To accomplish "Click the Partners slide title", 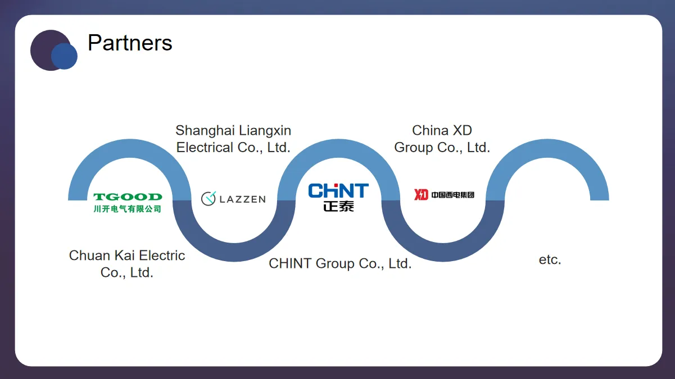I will (x=130, y=43).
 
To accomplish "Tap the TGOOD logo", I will (x=128, y=197).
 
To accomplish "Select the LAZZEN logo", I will (x=233, y=198).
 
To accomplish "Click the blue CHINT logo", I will (x=338, y=191).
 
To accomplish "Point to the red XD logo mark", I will (x=421, y=195).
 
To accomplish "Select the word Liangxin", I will (x=265, y=131).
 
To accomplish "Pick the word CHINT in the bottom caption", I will (x=291, y=264).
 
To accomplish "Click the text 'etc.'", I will (x=550, y=261).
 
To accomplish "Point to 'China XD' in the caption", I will (x=442, y=131).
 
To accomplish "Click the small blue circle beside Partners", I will (x=64, y=56).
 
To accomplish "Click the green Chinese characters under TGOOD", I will (x=128, y=209).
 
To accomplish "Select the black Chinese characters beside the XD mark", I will (x=453, y=195).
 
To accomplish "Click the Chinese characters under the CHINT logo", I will (x=338, y=206).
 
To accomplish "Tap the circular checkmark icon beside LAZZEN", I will (x=209, y=198).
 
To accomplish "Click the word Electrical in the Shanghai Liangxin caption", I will (x=205, y=148).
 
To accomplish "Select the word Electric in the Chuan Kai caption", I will (x=162, y=256).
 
